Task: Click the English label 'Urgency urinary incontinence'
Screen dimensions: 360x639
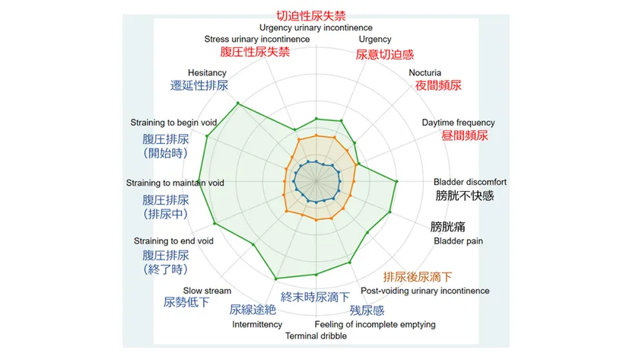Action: [x=316, y=28]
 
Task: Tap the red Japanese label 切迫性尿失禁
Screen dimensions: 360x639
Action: [x=316, y=14]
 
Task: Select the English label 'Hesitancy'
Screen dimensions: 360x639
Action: [x=207, y=72]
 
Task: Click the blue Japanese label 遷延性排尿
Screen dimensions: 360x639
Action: [x=199, y=86]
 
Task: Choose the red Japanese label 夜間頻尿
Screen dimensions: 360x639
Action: [x=438, y=86]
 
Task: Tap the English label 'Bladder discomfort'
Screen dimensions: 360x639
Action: [x=470, y=182]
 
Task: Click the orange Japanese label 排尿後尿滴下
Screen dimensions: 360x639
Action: [x=418, y=276]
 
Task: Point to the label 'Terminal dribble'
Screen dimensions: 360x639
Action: [x=316, y=336]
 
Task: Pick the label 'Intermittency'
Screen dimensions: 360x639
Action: [x=257, y=324]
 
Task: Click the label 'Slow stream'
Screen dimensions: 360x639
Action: [x=207, y=291]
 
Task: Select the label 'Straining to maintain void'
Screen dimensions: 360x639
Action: [x=175, y=183]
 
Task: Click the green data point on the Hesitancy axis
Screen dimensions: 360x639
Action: [x=238, y=104]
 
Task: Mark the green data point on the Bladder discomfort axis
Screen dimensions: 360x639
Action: [x=397, y=181]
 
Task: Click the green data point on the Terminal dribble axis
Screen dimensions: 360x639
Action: [x=316, y=275]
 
